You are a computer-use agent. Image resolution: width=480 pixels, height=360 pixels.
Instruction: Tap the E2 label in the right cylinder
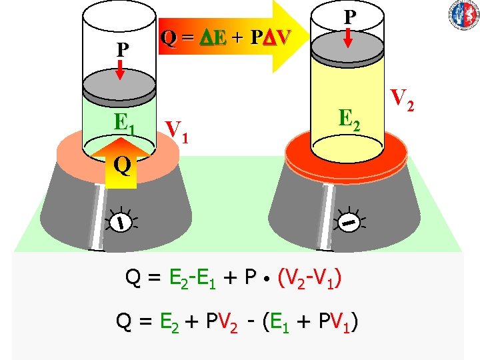350,119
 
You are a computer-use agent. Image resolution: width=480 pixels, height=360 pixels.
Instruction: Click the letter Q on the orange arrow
121,164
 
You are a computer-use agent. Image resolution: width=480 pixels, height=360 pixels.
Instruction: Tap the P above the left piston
122,51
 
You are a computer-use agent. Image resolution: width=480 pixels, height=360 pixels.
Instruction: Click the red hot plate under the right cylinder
351,155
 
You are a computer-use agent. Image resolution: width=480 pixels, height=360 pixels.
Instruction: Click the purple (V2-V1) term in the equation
311,277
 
